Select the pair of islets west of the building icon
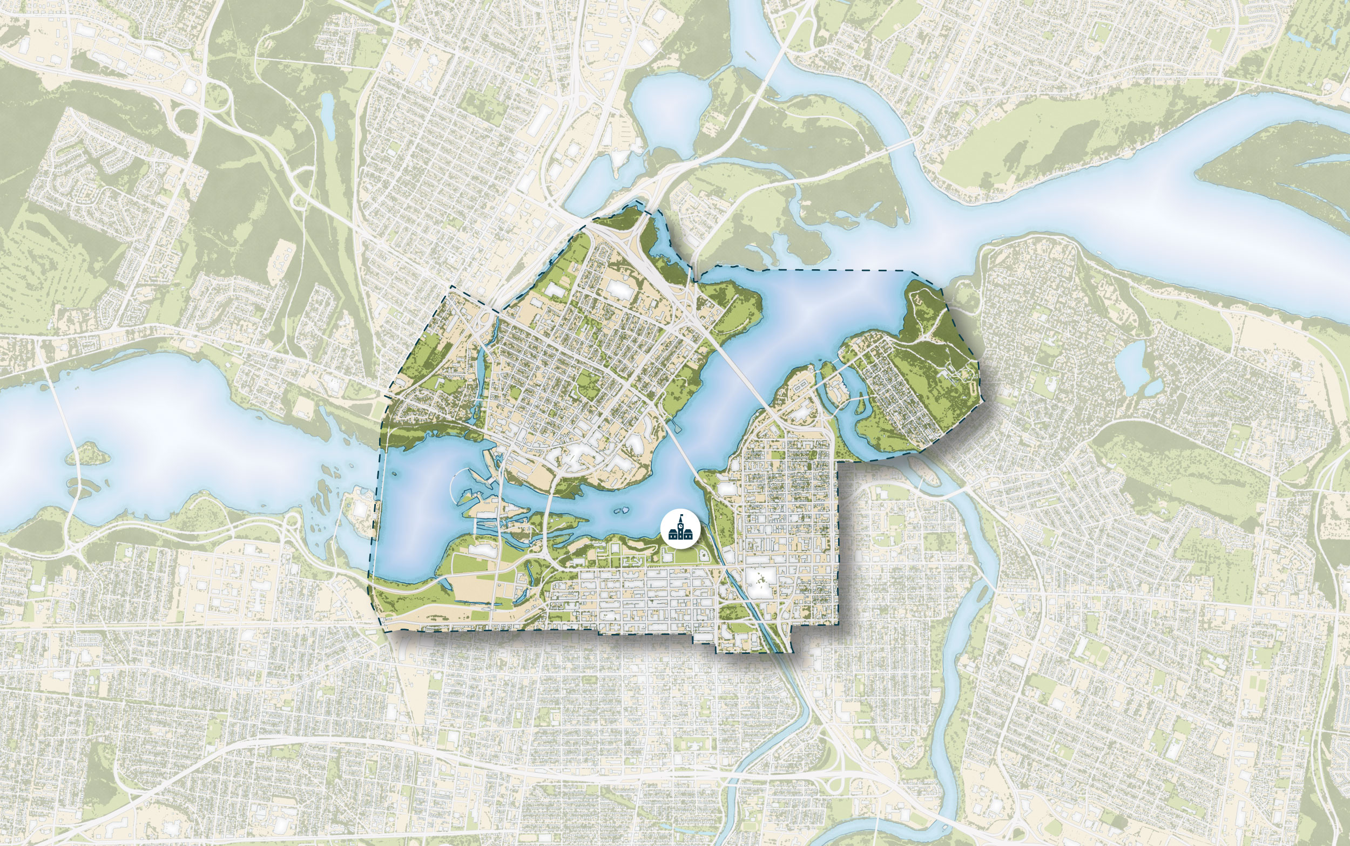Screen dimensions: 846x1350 [x=620, y=510]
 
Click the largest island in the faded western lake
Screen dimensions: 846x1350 [x=87, y=453]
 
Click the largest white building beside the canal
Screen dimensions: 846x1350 [x=760, y=583]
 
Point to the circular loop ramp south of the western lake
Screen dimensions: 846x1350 [x=292, y=523]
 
